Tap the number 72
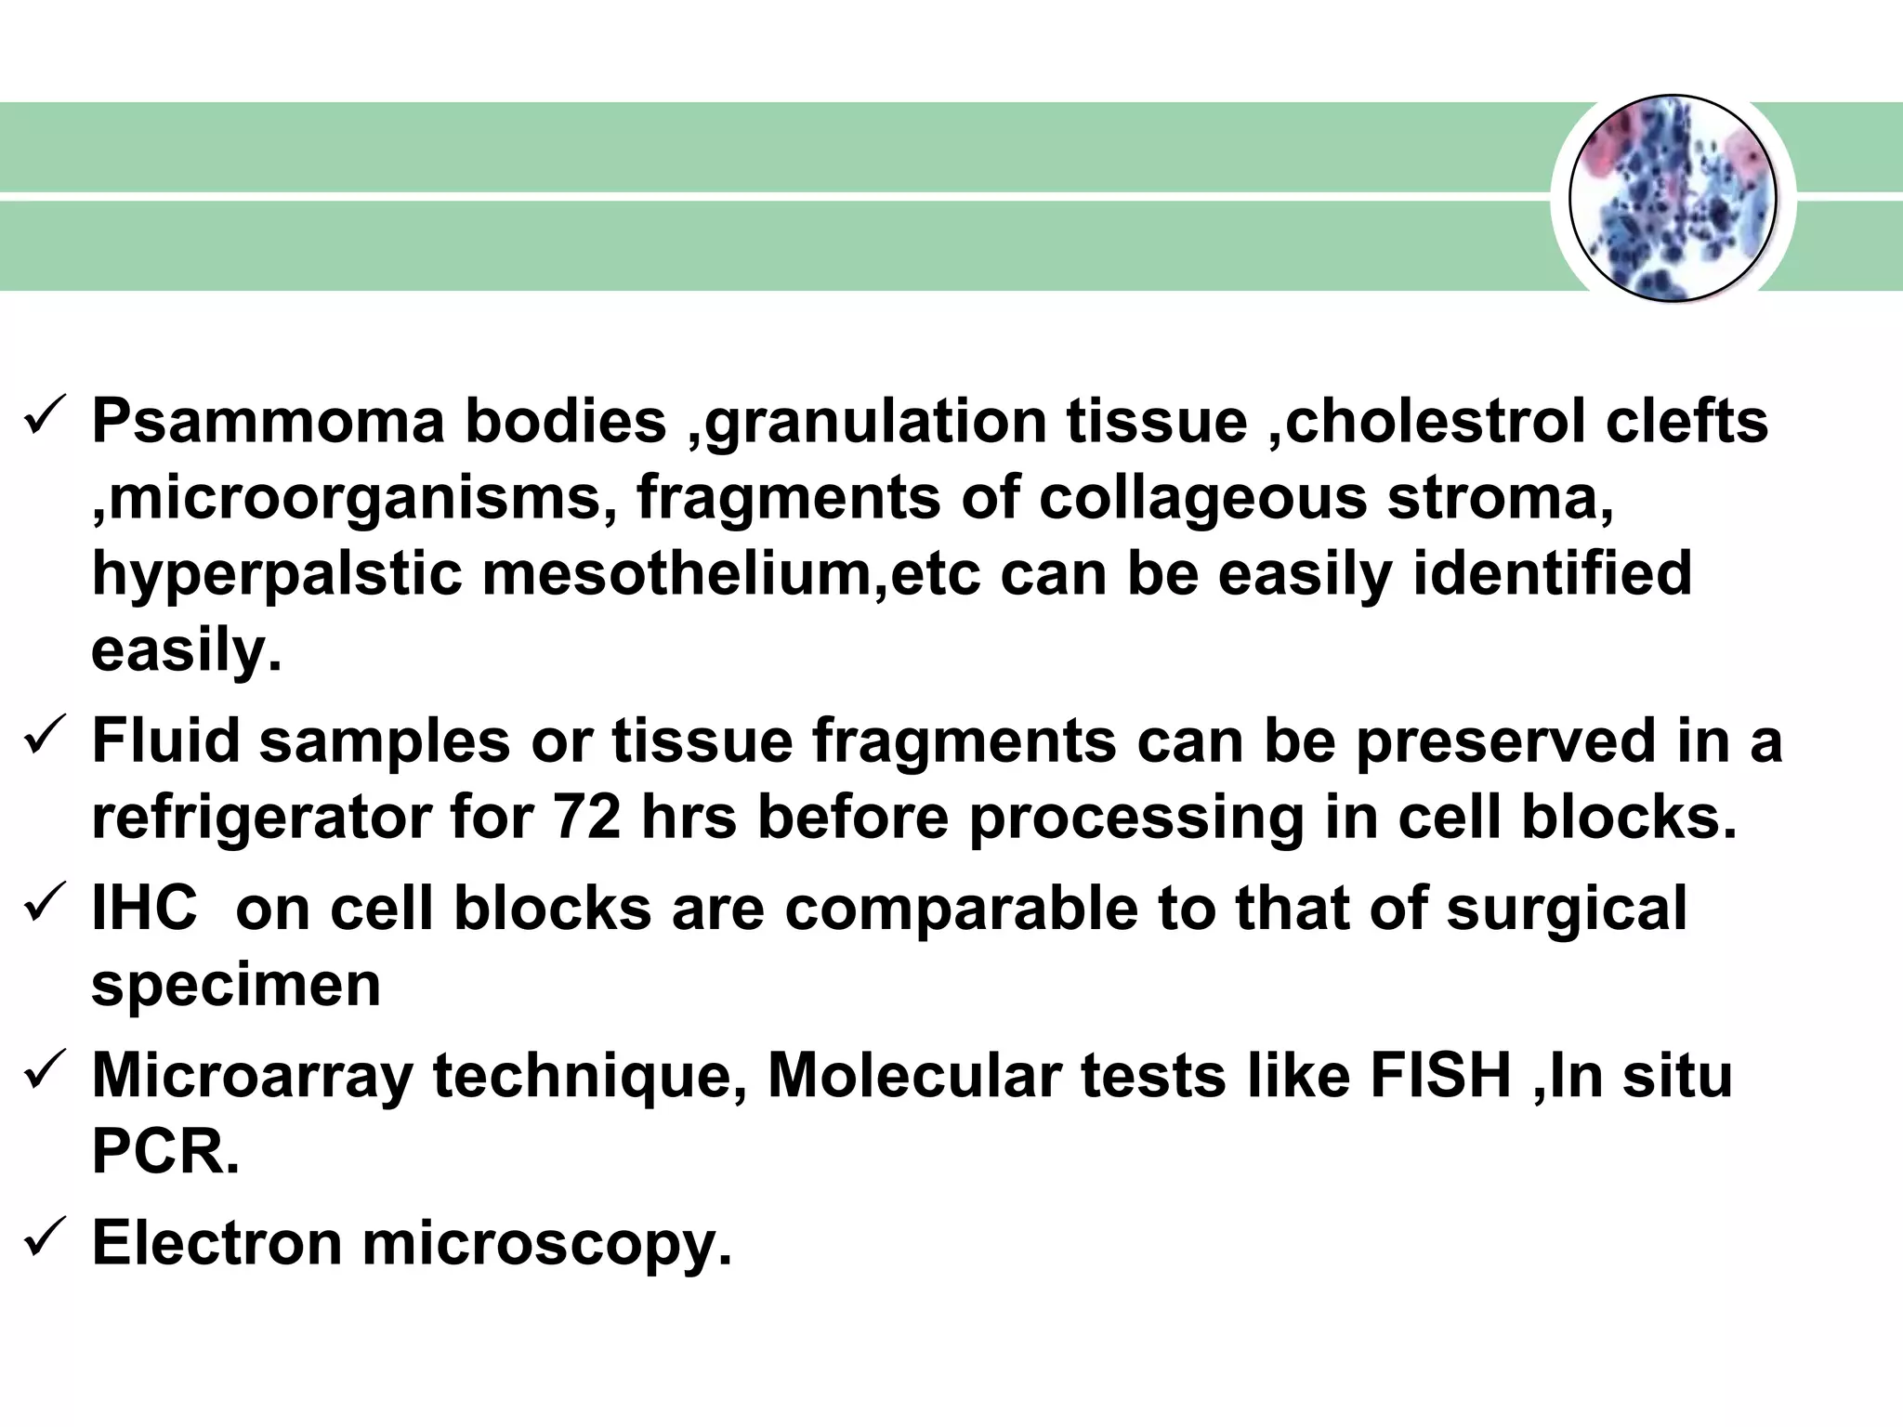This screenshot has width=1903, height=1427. pos(586,818)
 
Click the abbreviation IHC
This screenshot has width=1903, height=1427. pos(144,908)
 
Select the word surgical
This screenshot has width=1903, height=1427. pos(1566,910)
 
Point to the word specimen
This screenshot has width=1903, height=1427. pos(236,986)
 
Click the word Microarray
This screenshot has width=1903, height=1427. pos(251,1077)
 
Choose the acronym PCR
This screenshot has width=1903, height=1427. pos(164,1151)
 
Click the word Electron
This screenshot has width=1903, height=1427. pos(217,1242)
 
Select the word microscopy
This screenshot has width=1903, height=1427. pos(547,1244)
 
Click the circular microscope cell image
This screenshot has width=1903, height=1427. pos(1673,199)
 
